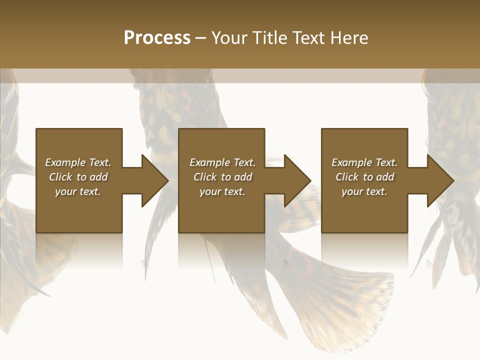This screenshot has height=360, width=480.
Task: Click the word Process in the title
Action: coord(157,38)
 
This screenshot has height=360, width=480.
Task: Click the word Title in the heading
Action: coord(266,38)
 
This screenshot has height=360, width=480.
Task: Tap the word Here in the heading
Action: coord(348,38)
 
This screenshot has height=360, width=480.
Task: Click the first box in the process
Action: coord(79,210)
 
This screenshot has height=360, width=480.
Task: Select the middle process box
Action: coord(221,210)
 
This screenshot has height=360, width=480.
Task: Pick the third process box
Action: coord(364,210)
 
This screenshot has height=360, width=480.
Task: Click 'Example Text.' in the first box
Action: coord(78,162)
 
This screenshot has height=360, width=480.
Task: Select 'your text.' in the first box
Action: coord(78,191)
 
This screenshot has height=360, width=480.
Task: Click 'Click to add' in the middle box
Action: coord(222,177)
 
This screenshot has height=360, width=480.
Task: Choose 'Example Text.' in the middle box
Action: coord(222,162)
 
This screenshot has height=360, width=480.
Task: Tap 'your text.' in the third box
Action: coord(364,191)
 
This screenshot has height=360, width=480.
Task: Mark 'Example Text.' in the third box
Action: coord(364,162)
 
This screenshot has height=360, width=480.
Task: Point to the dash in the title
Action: coord(201,38)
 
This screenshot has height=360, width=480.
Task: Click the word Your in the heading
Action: coord(229,38)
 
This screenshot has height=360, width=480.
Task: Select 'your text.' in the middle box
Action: coord(222,191)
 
